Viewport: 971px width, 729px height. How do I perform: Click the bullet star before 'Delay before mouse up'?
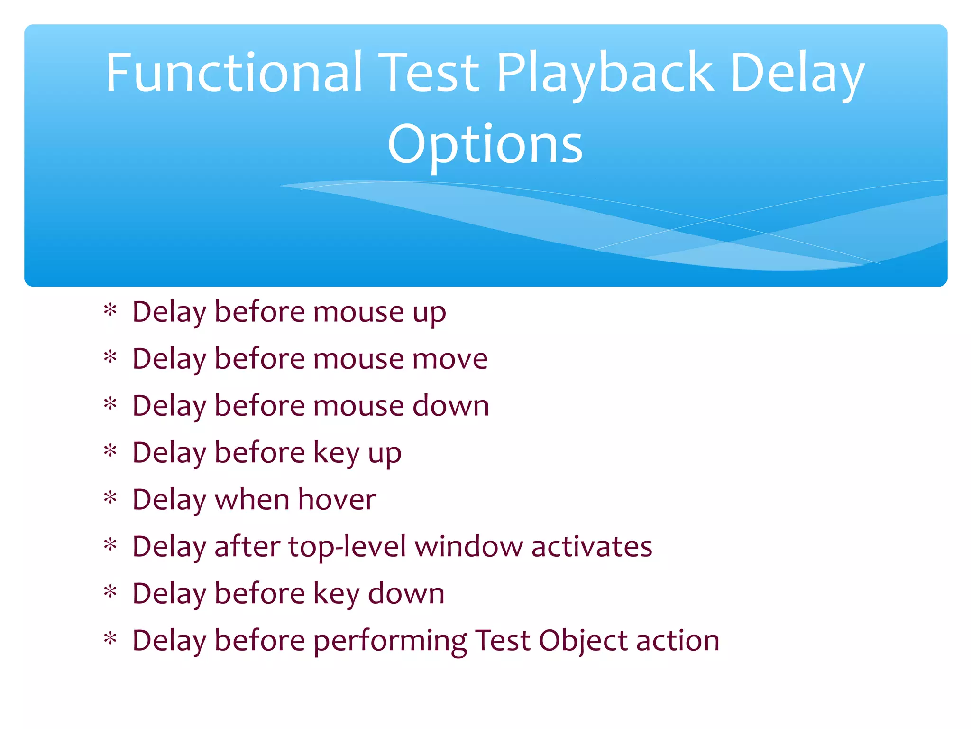[x=110, y=311]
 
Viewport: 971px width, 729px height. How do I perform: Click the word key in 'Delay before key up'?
[x=336, y=453]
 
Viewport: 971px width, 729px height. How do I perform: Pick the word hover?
[x=337, y=499]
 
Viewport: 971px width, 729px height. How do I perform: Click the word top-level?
[x=347, y=546]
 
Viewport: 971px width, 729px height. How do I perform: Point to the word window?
[x=469, y=546]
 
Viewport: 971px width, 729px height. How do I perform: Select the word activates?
[x=592, y=546]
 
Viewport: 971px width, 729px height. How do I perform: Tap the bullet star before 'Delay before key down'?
[x=110, y=593]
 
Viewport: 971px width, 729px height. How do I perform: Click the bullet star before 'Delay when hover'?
[x=110, y=499]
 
